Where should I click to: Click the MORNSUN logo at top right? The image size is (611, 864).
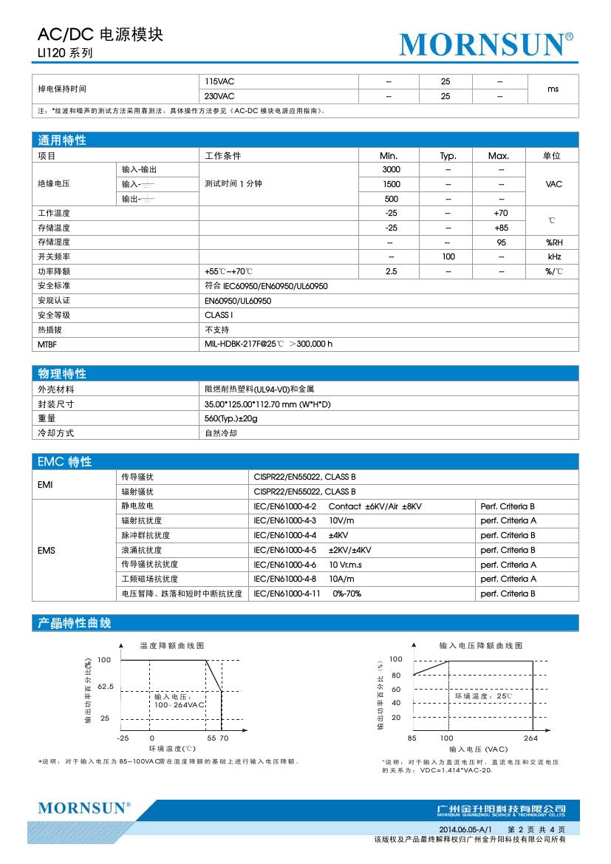coord(486,44)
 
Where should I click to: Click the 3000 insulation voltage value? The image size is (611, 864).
coord(391,170)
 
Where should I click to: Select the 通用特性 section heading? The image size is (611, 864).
coord(62,140)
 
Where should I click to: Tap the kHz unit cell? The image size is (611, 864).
coord(554,256)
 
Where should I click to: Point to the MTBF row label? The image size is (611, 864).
coord(47,344)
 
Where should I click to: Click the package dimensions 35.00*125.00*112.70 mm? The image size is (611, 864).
coord(267,404)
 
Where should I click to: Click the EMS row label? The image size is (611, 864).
coord(46,550)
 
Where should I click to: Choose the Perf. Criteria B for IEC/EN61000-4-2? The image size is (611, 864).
coord(508,506)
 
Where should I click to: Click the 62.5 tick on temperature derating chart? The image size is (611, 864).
coord(106,687)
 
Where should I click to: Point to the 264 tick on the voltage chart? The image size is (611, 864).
coord(531,738)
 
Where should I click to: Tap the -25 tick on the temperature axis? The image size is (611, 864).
coord(123,738)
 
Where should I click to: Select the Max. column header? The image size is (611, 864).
coord(499,156)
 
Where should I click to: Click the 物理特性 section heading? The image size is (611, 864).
coord(62,374)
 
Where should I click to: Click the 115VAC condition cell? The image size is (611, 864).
coord(219,81)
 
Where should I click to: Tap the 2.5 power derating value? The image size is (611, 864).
coord(391,271)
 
